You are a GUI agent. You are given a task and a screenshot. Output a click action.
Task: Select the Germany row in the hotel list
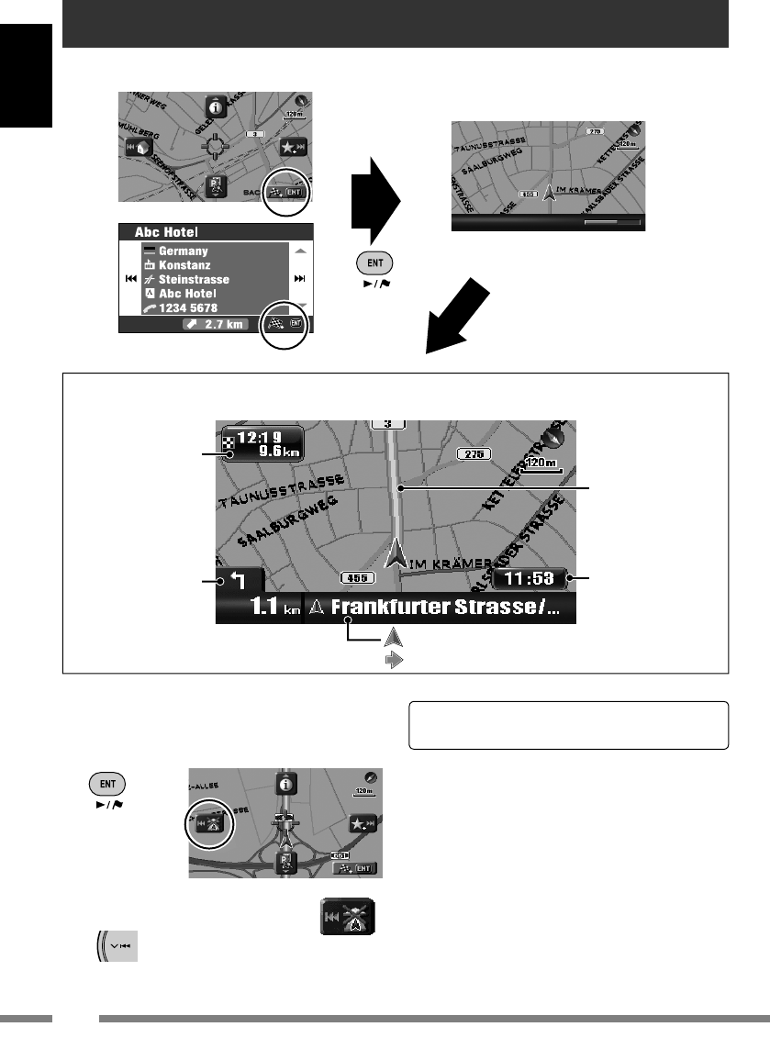tap(184, 251)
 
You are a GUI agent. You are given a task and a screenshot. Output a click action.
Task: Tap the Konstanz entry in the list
tap(186, 265)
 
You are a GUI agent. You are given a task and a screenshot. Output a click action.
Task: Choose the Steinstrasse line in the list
tap(194, 279)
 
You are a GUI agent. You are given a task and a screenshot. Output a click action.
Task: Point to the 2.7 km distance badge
tap(215, 324)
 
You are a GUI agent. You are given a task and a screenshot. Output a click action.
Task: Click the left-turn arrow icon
tap(240, 580)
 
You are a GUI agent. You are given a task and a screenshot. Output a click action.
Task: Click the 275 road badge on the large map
tap(473, 453)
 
